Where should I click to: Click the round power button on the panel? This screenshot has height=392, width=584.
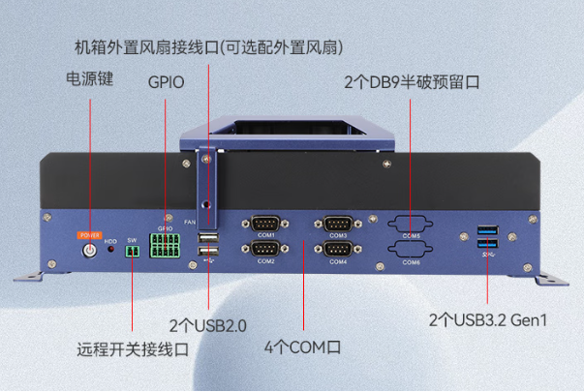pos(89,250)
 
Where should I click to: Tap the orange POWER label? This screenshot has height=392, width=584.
pos(89,234)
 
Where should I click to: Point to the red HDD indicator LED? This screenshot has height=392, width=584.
pos(111,250)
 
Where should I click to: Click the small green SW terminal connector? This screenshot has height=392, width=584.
pos(133,251)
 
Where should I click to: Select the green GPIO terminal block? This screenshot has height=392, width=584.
pos(165,245)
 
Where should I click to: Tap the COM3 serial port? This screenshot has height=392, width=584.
pos(337,224)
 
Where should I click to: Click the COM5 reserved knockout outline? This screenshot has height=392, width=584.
pos(412,224)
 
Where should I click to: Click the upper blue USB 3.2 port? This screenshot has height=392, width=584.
pos(486,232)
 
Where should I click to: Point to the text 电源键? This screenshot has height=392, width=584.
pos(90,78)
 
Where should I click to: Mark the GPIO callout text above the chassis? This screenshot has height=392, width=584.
pos(166,82)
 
